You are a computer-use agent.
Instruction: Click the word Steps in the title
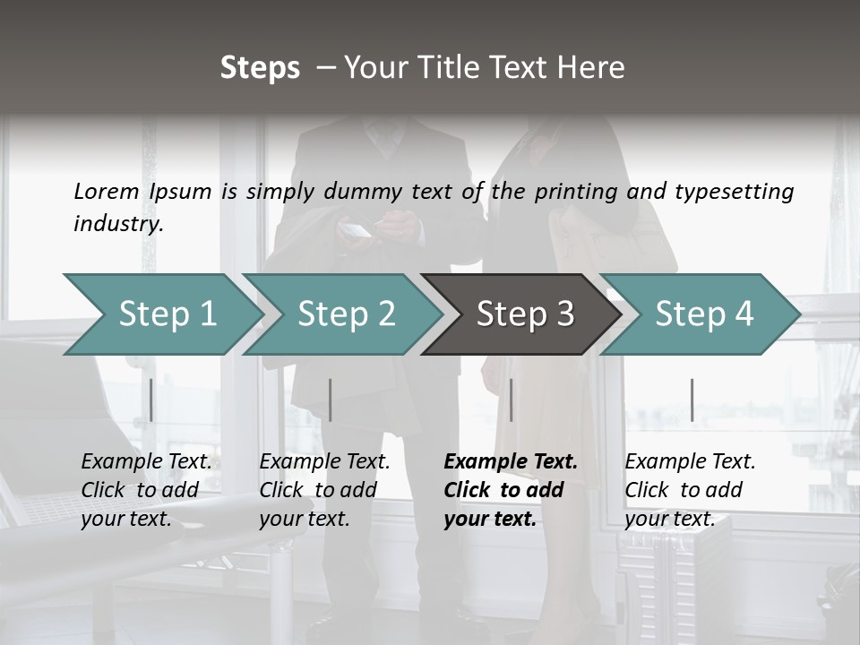coord(260,68)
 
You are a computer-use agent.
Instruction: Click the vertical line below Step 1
coord(151,400)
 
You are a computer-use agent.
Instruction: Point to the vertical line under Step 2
coord(331,400)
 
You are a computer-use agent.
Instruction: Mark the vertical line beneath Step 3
coord(512,400)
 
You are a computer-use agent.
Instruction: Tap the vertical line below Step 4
coord(692,400)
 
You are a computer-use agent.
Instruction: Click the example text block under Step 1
coord(146,490)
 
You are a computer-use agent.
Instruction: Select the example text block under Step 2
coord(324,490)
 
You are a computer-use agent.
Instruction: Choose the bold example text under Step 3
coord(511,490)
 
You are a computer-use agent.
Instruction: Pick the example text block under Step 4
coord(690,490)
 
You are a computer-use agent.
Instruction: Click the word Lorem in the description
coord(107,191)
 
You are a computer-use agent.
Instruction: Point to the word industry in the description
coord(118,224)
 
